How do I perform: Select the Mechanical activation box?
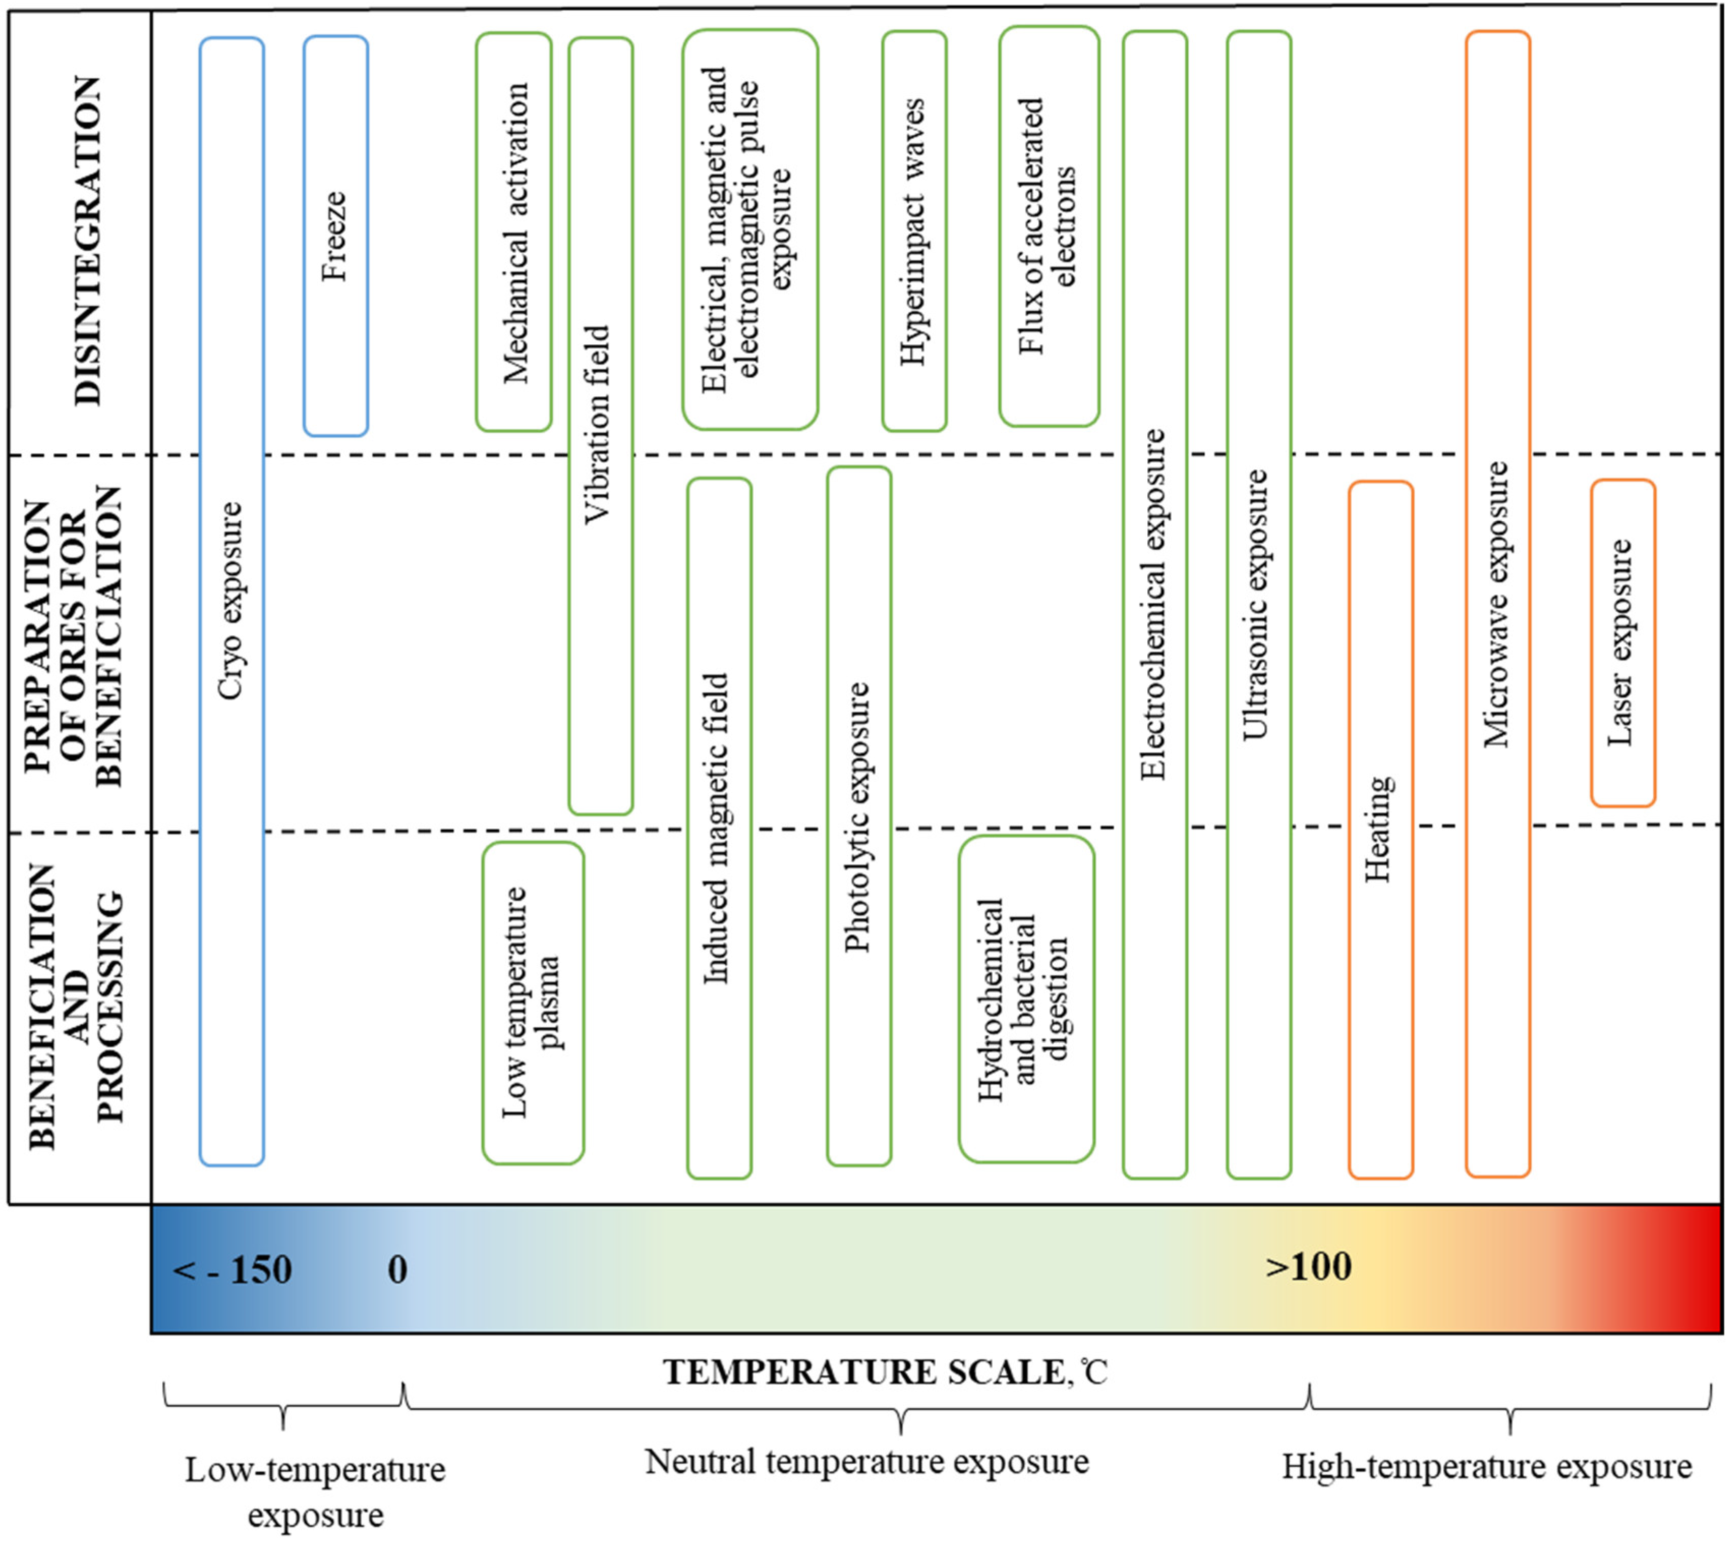(514, 232)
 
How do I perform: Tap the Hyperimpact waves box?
(914, 231)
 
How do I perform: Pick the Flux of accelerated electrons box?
(1049, 226)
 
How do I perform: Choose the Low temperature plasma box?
(533, 1002)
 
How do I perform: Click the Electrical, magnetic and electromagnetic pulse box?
(750, 229)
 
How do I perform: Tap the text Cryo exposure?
(231, 601)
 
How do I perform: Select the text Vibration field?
(599, 425)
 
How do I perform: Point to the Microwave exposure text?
(1497, 604)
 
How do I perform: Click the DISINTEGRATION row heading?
(87, 241)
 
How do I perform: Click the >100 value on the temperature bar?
(1308, 1266)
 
